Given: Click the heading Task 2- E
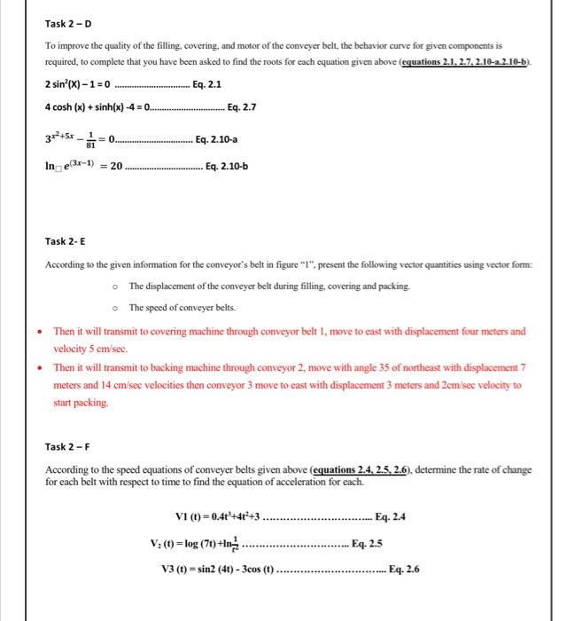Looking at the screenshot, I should [x=67, y=242].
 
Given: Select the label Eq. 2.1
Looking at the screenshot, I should [x=206, y=85].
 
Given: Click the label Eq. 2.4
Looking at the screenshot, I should [x=392, y=517].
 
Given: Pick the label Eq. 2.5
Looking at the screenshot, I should [x=368, y=543].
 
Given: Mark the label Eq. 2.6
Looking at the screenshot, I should [x=404, y=569].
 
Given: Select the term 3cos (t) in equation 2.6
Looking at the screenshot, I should [x=254, y=569].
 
